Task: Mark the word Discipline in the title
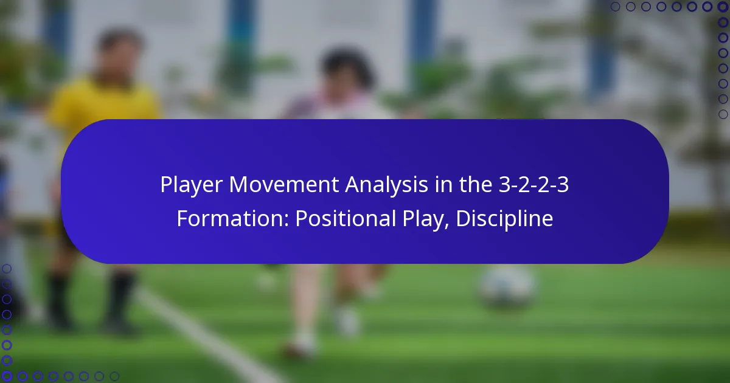[x=504, y=219]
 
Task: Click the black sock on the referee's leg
[x=122, y=298]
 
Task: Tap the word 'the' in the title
[x=476, y=185]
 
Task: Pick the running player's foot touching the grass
[x=298, y=350]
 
